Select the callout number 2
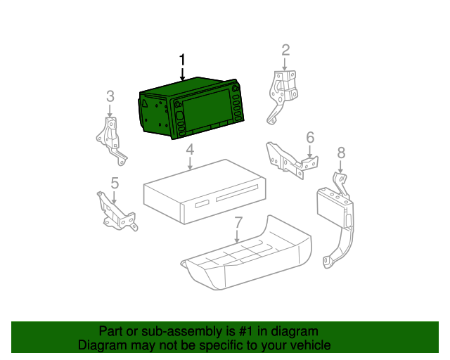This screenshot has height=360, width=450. click(x=285, y=50)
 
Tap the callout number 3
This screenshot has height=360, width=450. click(x=110, y=96)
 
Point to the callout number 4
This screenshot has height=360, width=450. click(x=190, y=150)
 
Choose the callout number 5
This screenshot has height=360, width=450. click(x=115, y=183)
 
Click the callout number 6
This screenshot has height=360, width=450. click(x=310, y=138)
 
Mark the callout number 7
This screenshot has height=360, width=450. click(x=239, y=223)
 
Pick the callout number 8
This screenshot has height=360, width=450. click(x=341, y=153)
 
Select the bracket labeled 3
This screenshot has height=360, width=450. click(x=110, y=141)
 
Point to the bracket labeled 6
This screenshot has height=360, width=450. click(x=291, y=160)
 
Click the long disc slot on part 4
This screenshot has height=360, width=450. click(x=237, y=193)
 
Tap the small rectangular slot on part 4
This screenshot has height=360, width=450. click(x=203, y=203)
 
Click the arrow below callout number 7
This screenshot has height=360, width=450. click(x=237, y=236)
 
